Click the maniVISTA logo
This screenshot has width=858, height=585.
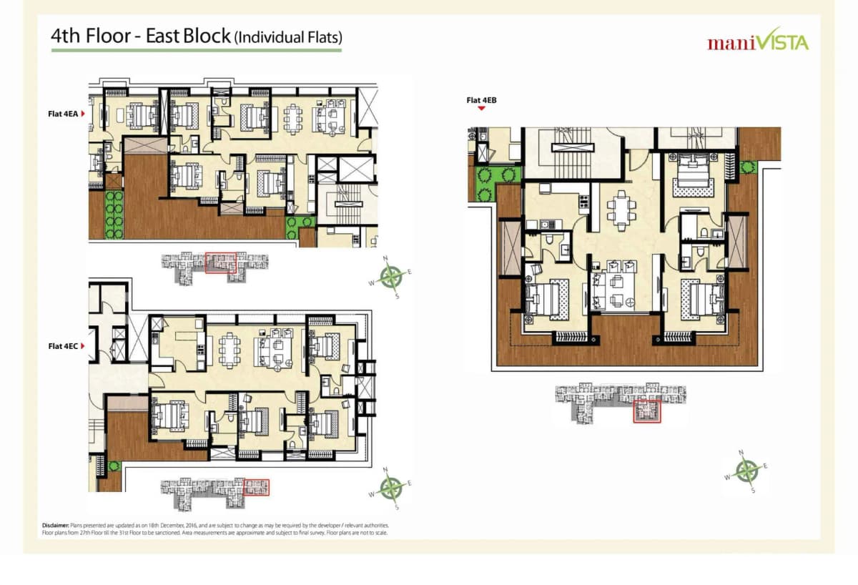757,42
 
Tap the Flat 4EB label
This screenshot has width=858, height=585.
482,100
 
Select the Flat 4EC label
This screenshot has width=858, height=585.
63,346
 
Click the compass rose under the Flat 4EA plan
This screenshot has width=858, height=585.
390,275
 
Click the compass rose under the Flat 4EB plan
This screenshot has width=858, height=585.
747,471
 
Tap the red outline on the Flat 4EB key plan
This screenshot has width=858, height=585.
646,411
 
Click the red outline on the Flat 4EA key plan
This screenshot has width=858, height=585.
220,262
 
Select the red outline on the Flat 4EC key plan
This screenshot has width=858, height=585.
257,488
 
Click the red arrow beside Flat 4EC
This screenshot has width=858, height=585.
84,346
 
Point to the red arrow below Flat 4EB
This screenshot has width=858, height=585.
482,109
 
